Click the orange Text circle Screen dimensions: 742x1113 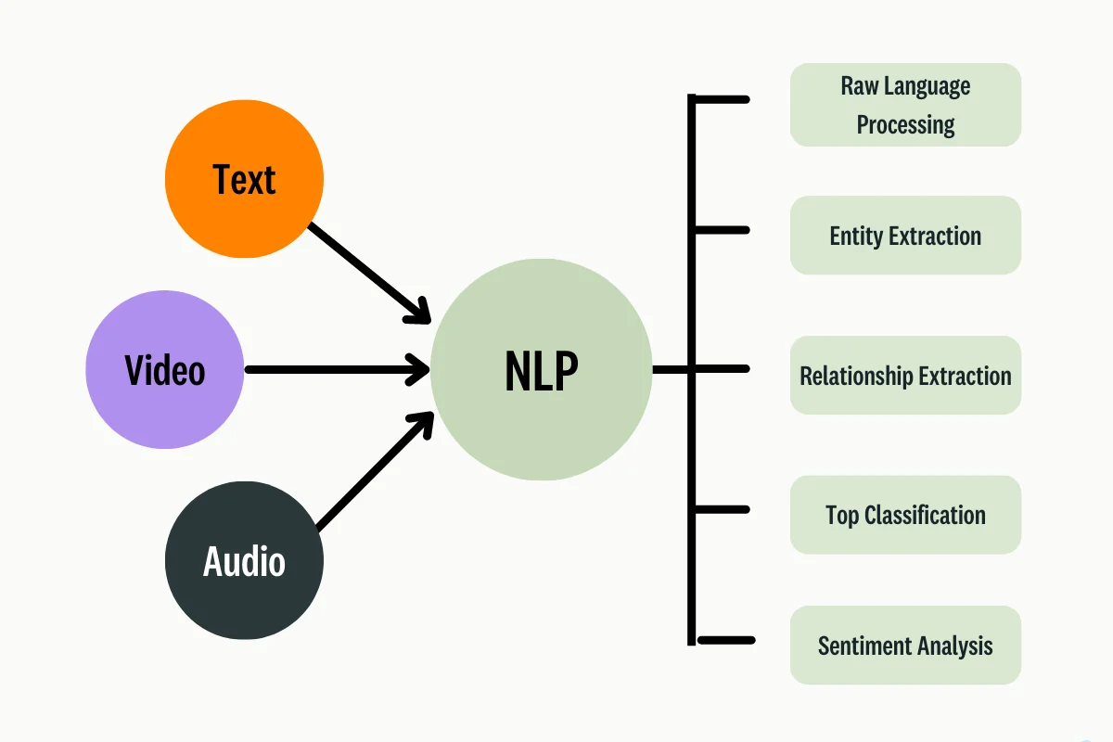coord(244,179)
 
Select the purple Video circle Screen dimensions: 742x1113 coord(165,370)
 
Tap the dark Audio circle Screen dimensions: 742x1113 coord(244,561)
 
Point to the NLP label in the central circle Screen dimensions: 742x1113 coord(541,371)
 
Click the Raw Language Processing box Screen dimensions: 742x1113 coord(905,105)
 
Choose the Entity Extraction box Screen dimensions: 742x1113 coord(905,236)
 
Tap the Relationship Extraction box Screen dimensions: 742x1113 coord(905,376)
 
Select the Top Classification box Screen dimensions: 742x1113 coord(905,515)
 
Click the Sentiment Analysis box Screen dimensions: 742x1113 coord(905,646)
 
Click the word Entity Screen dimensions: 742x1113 coord(856,236)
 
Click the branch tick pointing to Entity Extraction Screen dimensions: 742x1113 coord(722,229)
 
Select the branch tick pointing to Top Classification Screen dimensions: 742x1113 coord(722,509)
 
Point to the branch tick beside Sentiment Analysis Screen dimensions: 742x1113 coord(725,639)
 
